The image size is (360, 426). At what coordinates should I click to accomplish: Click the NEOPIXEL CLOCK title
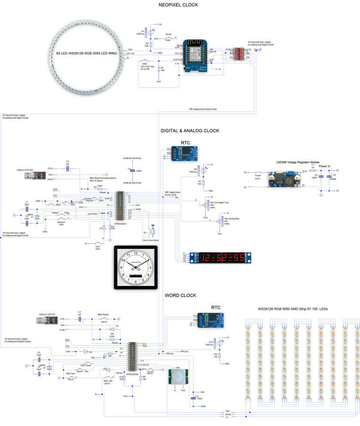click(179, 5)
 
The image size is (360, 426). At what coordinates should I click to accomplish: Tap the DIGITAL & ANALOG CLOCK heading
click(190, 130)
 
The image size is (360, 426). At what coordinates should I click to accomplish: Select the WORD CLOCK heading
click(180, 295)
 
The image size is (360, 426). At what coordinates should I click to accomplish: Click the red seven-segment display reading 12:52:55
click(222, 258)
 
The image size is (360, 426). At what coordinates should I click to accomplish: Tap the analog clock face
click(135, 267)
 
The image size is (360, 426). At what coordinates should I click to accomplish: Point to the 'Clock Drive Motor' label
click(152, 240)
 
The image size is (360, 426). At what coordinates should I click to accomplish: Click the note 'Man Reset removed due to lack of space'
click(102, 179)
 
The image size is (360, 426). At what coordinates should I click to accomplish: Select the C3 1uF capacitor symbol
click(68, 168)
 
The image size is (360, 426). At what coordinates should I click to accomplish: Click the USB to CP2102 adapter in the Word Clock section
click(45, 320)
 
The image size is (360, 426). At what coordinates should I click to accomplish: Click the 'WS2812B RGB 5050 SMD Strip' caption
click(293, 309)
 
